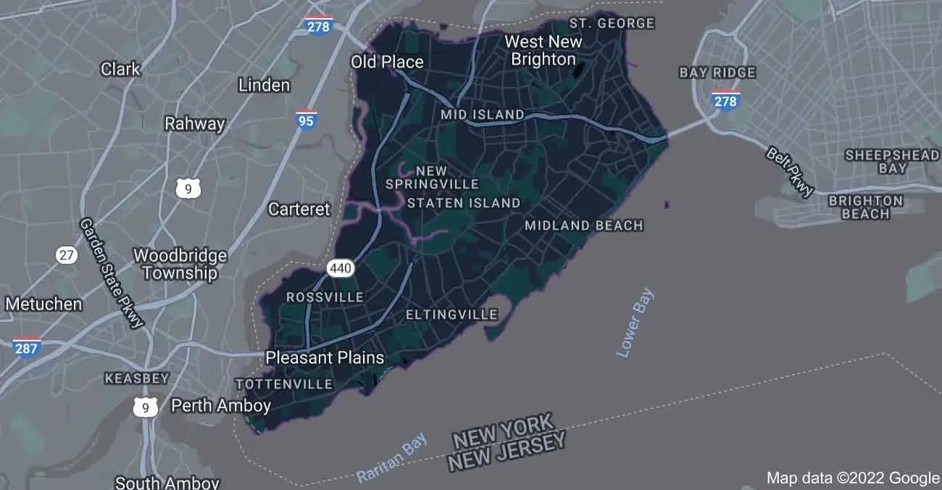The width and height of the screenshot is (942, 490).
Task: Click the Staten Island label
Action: tap(464, 203)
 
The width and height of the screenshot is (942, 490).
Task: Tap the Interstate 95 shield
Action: tap(306, 120)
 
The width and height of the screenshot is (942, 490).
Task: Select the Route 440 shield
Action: tap(341, 268)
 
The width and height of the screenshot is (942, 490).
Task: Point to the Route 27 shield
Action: tap(67, 254)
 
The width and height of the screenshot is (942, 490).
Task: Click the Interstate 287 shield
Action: tap(27, 347)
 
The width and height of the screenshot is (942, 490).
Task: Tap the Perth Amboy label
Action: tap(220, 406)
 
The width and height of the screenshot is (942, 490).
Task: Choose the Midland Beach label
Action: tap(584, 225)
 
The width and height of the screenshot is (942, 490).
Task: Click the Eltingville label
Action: tap(451, 315)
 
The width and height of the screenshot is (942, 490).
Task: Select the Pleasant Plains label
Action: tap(325, 357)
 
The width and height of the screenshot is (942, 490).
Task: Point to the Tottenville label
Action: tap(284, 384)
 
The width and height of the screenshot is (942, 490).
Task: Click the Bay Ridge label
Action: tap(717, 72)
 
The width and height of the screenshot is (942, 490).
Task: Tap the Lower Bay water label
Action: tap(635, 323)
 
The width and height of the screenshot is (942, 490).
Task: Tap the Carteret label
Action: tap(299, 209)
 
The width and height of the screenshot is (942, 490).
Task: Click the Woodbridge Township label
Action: tap(180, 264)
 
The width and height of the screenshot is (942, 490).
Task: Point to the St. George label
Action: tap(612, 23)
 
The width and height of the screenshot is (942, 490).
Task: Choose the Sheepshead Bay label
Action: tap(882, 162)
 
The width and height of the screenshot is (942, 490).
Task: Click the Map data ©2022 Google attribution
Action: tap(853, 478)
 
